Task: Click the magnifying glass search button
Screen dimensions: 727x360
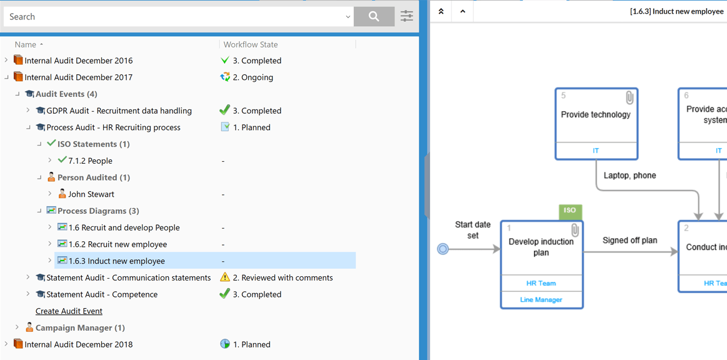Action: tap(374, 17)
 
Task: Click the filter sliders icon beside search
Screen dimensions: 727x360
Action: tap(406, 16)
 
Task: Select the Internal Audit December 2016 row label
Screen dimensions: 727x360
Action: tap(78, 61)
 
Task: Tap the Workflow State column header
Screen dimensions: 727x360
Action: tap(251, 44)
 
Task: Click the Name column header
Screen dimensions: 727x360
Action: tap(26, 44)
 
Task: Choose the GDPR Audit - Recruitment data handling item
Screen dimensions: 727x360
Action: tap(119, 111)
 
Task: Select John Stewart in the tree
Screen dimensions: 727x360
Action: tap(91, 194)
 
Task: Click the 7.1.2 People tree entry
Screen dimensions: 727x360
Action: tap(90, 161)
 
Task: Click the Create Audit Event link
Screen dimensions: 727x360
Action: tap(69, 311)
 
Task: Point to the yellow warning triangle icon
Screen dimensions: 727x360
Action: tap(225, 277)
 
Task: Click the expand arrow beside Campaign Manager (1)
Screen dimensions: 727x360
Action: tap(17, 327)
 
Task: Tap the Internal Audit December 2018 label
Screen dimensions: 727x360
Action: tap(78, 344)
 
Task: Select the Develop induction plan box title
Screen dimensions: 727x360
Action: tap(541, 247)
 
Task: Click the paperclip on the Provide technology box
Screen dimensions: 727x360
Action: tap(629, 97)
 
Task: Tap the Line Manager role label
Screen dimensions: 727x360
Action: tap(541, 300)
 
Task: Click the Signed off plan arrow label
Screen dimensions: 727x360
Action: tap(629, 240)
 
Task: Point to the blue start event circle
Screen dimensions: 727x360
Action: tap(443, 250)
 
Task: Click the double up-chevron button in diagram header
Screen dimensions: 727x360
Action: tap(441, 11)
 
